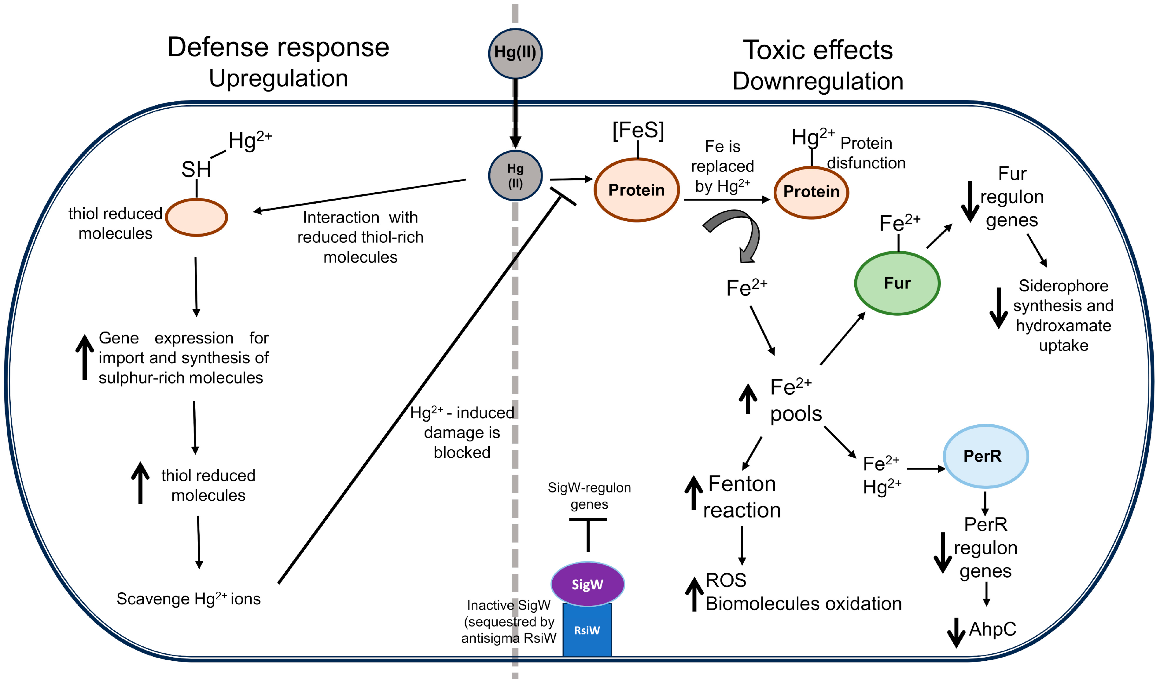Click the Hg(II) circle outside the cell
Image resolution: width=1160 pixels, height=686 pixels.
click(x=515, y=53)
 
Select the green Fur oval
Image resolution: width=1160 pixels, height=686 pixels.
click(x=897, y=283)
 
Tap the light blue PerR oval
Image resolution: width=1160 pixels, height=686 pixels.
click(x=985, y=456)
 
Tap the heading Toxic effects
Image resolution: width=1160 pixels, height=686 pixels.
click(x=818, y=50)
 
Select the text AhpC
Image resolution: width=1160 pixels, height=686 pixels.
click(x=992, y=629)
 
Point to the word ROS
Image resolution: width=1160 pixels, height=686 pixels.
click(x=726, y=580)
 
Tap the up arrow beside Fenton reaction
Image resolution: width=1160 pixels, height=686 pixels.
click(x=693, y=493)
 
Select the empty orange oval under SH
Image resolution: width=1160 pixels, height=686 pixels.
click(x=196, y=217)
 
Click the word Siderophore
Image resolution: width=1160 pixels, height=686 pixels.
click(x=1063, y=286)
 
